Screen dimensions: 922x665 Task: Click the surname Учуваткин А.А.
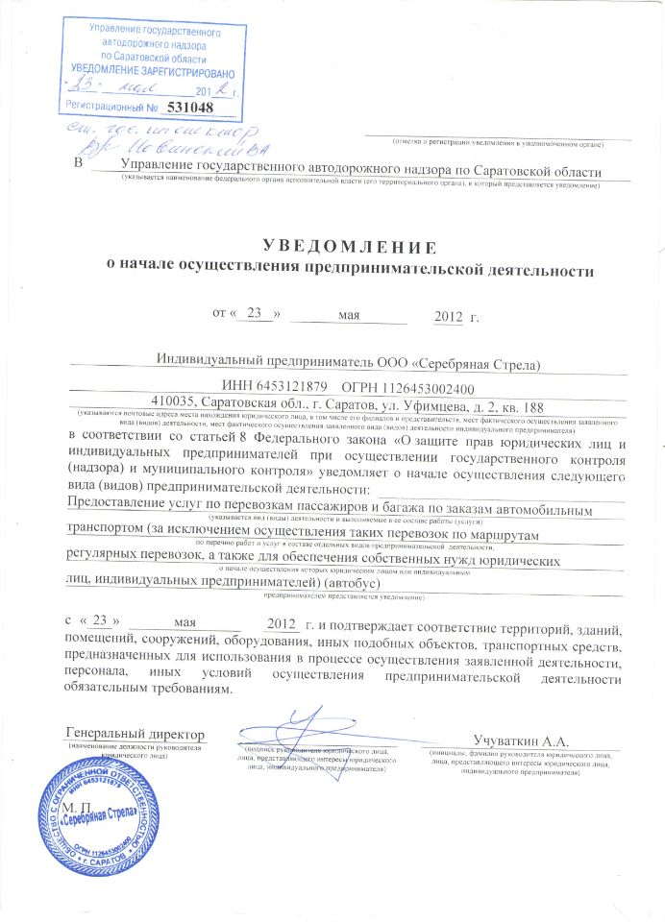(x=522, y=740)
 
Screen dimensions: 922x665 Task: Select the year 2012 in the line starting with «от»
(x=449, y=315)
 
